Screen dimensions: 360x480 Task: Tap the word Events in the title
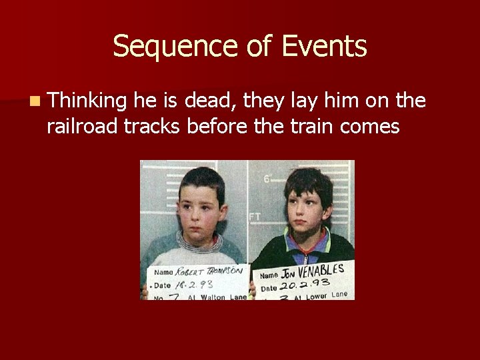(324, 47)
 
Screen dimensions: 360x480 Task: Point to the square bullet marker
(34, 102)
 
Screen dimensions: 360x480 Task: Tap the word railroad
(83, 125)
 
